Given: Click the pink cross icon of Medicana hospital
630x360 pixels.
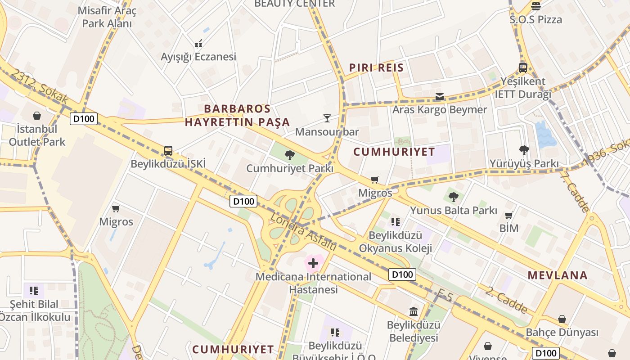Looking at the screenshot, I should click(x=313, y=263).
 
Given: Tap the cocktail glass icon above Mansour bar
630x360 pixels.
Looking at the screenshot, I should click(x=327, y=118).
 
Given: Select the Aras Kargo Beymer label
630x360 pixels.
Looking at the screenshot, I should click(x=440, y=110).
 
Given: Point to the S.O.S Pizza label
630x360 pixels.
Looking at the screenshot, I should click(x=536, y=20).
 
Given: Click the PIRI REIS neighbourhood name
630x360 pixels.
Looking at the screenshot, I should click(x=376, y=68).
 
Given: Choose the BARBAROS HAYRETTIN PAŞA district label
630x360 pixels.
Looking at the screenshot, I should click(x=237, y=115).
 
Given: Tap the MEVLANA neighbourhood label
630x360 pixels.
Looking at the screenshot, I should click(x=558, y=275).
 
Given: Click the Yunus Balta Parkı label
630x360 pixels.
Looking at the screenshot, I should click(x=453, y=210).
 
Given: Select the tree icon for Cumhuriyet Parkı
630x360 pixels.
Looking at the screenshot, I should click(x=290, y=156).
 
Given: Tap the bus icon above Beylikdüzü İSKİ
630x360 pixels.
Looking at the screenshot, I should click(x=168, y=151).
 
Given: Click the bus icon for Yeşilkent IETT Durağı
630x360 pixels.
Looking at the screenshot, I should click(x=523, y=68).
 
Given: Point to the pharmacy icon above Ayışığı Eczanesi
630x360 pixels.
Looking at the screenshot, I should click(x=198, y=44).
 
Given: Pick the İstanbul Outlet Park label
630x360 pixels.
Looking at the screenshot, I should click(x=37, y=135).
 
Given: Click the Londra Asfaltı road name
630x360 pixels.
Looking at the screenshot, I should click(x=303, y=232).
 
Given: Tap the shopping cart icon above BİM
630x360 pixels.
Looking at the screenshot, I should click(x=509, y=216).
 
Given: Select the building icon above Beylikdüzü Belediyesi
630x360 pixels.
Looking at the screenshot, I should click(x=413, y=311).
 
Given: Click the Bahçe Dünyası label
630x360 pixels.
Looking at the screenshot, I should click(x=562, y=333).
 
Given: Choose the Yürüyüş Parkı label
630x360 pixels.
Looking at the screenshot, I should click(x=524, y=163).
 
